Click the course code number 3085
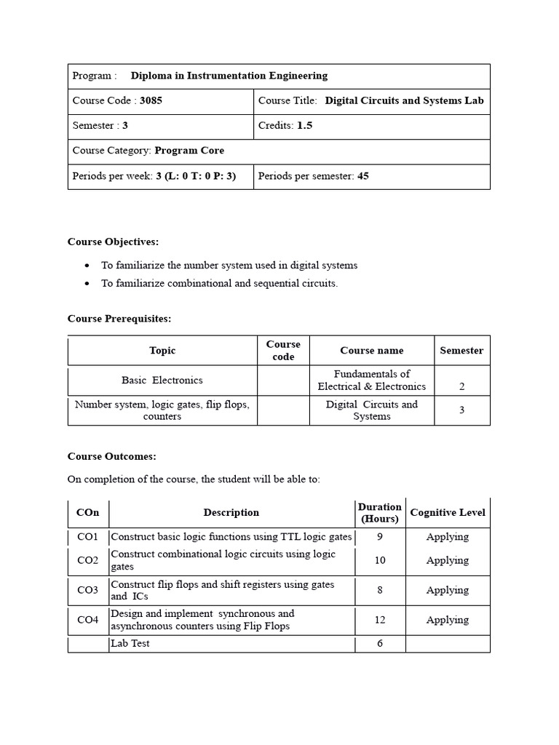(151, 101)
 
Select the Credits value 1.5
(304, 126)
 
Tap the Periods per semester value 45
(362, 176)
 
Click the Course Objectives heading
(113, 242)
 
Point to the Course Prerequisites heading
(119, 319)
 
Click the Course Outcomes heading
(112, 456)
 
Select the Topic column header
(162, 351)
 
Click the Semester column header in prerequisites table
(461, 351)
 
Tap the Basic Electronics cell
(162, 381)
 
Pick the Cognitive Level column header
(448, 513)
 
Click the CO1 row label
(88, 538)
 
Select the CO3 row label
(88, 591)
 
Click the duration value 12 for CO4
(379, 621)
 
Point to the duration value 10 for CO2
(379, 561)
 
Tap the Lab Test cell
(130, 644)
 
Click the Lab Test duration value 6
(379, 644)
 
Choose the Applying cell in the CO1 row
(448, 538)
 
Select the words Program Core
(189, 151)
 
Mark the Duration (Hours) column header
(379, 513)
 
